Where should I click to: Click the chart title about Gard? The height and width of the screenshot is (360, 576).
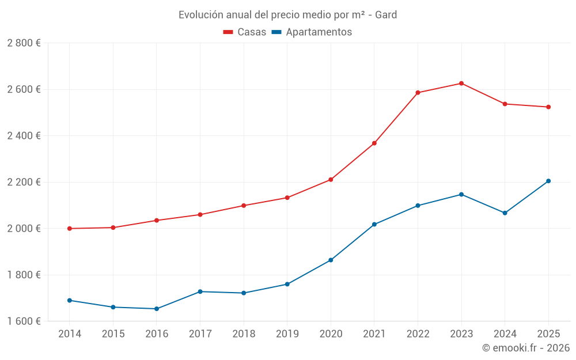pyautogui.click(x=287, y=14)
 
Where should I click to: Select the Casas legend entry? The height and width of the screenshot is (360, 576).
pyautogui.click(x=245, y=32)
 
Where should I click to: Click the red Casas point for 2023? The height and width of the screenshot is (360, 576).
pyautogui.click(x=461, y=84)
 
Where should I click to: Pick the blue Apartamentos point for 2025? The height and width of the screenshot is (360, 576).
pyautogui.click(x=548, y=181)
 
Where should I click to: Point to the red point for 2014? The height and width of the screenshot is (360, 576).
pyautogui.click(x=70, y=229)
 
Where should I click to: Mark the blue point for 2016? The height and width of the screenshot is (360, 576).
pyautogui.click(x=157, y=309)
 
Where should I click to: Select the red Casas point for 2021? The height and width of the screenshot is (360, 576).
pyautogui.click(x=374, y=143)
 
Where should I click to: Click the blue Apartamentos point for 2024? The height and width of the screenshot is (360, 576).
pyautogui.click(x=505, y=213)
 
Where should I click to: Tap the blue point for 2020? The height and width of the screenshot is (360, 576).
pyautogui.click(x=331, y=260)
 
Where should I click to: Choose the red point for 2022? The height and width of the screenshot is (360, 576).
pyautogui.click(x=418, y=93)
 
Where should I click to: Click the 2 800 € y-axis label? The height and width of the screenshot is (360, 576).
pyautogui.click(x=24, y=43)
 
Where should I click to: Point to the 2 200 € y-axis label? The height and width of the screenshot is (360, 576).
pyautogui.click(x=24, y=182)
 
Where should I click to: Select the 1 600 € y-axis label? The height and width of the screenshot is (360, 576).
pyautogui.click(x=24, y=321)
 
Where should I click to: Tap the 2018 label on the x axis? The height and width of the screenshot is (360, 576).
pyautogui.click(x=244, y=334)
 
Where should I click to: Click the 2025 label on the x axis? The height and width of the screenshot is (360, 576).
pyautogui.click(x=548, y=334)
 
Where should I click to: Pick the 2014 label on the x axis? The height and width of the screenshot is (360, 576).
pyautogui.click(x=70, y=334)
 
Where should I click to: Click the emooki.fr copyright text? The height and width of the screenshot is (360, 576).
pyautogui.click(x=525, y=348)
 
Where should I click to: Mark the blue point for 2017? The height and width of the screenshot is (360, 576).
pyautogui.click(x=200, y=291)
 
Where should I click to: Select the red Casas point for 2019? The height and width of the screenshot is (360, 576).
pyautogui.click(x=287, y=198)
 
